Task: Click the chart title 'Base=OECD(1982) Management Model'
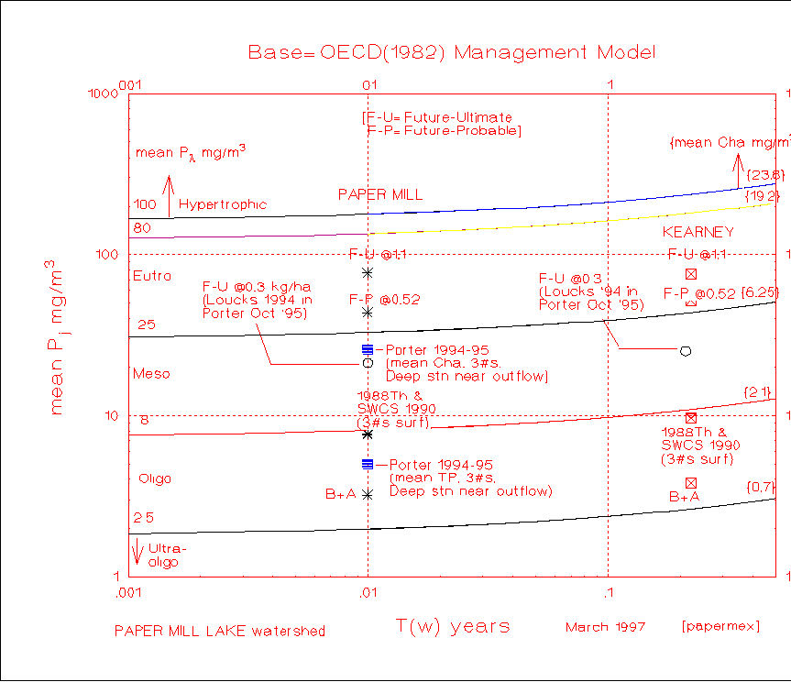[x=452, y=52]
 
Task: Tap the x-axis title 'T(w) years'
[x=453, y=627]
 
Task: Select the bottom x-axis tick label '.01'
[x=368, y=594]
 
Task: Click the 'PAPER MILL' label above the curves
[x=379, y=194]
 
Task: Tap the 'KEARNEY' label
[x=698, y=233]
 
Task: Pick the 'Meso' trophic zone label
[x=151, y=374]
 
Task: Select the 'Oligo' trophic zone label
[x=155, y=479]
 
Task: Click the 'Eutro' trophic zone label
[x=151, y=276]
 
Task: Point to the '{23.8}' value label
[x=764, y=174]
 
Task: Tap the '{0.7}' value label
[x=762, y=486]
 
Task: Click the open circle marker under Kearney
[x=685, y=351]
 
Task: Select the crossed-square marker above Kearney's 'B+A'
[x=691, y=483]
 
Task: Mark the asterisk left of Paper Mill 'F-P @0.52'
[x=368, y=312]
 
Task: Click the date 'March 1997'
[x=605, y=628]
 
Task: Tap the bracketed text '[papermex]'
[x=720, y=628]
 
